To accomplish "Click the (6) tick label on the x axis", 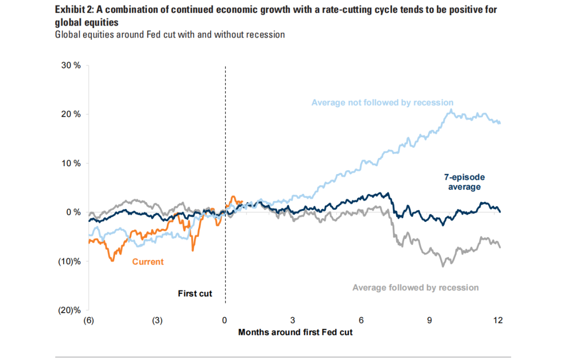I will tap(89, 320).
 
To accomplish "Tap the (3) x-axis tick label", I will tap(157, 320).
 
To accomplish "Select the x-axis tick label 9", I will tap(430, 320).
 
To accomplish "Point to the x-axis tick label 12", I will tap(498, 320).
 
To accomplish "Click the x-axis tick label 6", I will tap(361, 320).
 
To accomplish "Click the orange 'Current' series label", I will tap(148, 262).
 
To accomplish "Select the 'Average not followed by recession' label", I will tap(382, 103).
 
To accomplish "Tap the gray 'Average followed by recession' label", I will tap(415, 287).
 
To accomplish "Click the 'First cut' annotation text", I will tap(195, 294).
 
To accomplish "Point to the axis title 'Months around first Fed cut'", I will tap(295, 332).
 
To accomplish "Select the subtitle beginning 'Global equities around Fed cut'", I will tap(170, 34).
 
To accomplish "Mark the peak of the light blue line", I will tap(450, 109).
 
